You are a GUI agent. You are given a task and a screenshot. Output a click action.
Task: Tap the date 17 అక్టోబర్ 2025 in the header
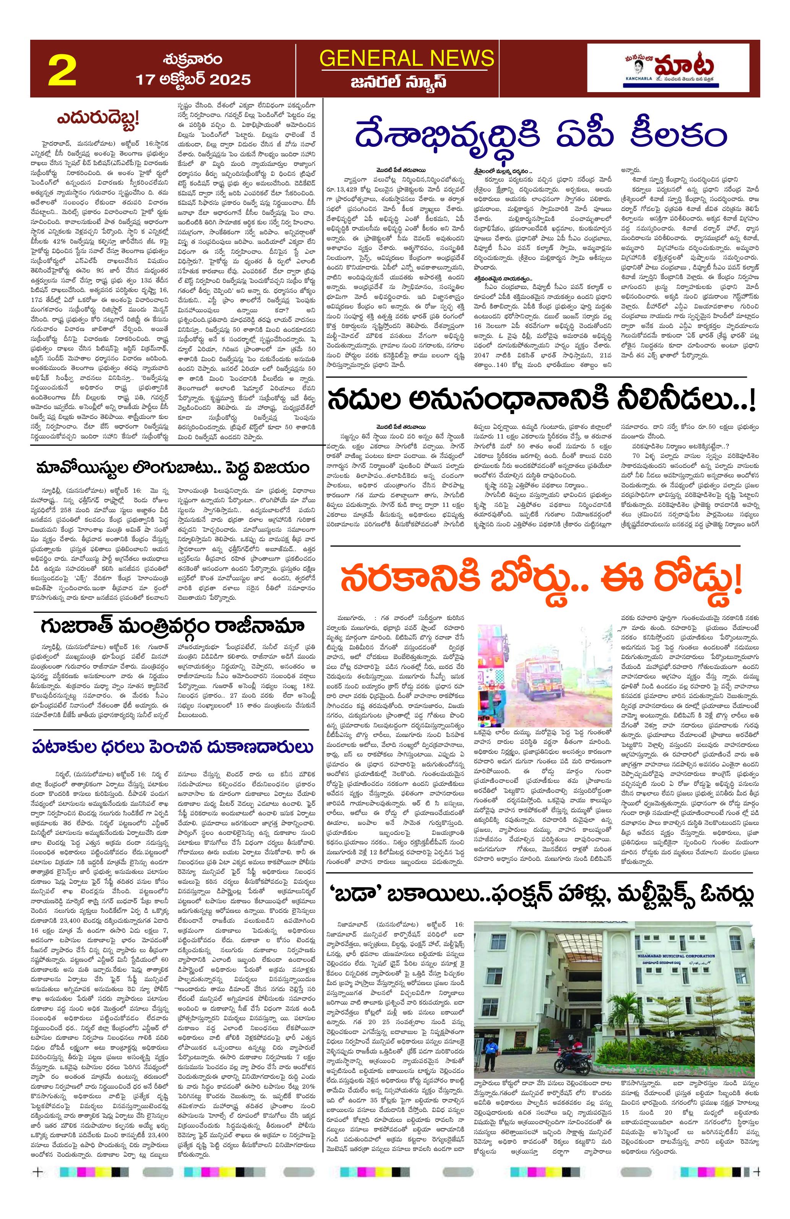(193, 80)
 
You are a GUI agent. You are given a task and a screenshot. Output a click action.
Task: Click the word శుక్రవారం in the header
(193, 59)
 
